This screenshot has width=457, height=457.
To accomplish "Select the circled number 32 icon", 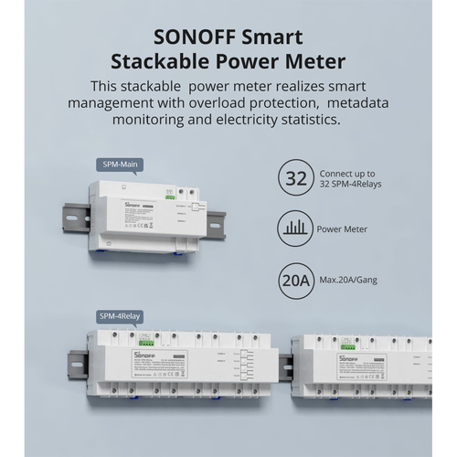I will click(x=295, y=177).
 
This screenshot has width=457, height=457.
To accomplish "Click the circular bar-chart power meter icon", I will click(x=295, y=228).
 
